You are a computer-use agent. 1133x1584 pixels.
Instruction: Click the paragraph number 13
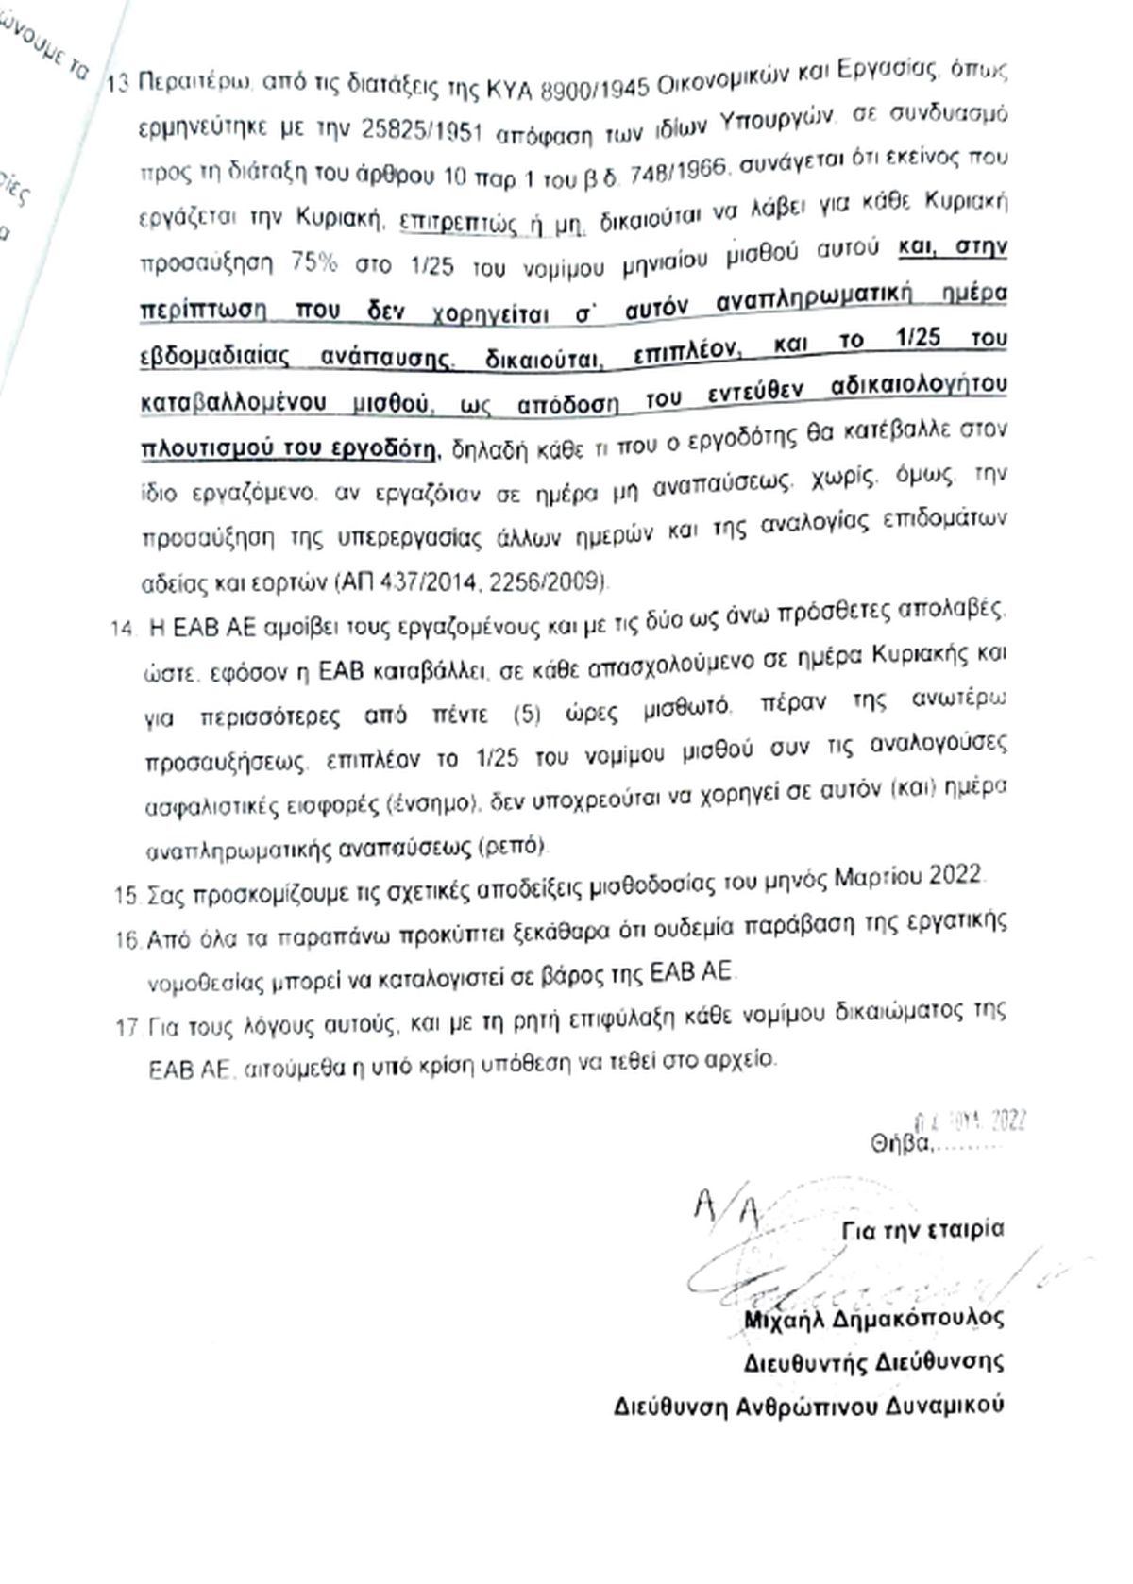[x=117, y=83]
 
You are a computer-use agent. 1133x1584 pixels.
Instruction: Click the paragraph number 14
[x=123, y=629]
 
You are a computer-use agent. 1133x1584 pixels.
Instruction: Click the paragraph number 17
[x=127, y=1027]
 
